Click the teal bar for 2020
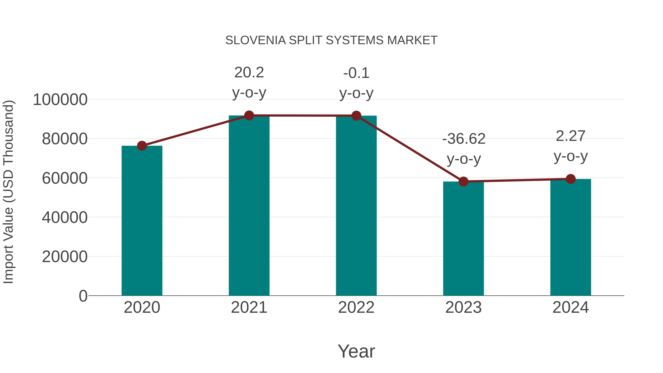pyautogui.click(x=142, y=221)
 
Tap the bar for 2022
pyautogui.click(x=356, y=206)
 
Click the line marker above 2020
pyautogui.click(x=142, y=146)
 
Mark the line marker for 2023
pyautogui.click(x=463, y=181)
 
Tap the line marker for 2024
pyautogui.click(x=571, y=179)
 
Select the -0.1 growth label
pyautogui.click(x=356, y=73)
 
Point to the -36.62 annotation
pyautogui.click(x=464, y=139)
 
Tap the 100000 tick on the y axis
pyautogui.click(x=60, y=100)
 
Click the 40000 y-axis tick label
pyautogui.click(x=65, y=218)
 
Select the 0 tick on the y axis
pyautogui.click(x=83, y=296)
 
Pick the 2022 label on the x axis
pyautogui.click(x=356, y=308)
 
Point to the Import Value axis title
pyautogui.click(x=8, y=192)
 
